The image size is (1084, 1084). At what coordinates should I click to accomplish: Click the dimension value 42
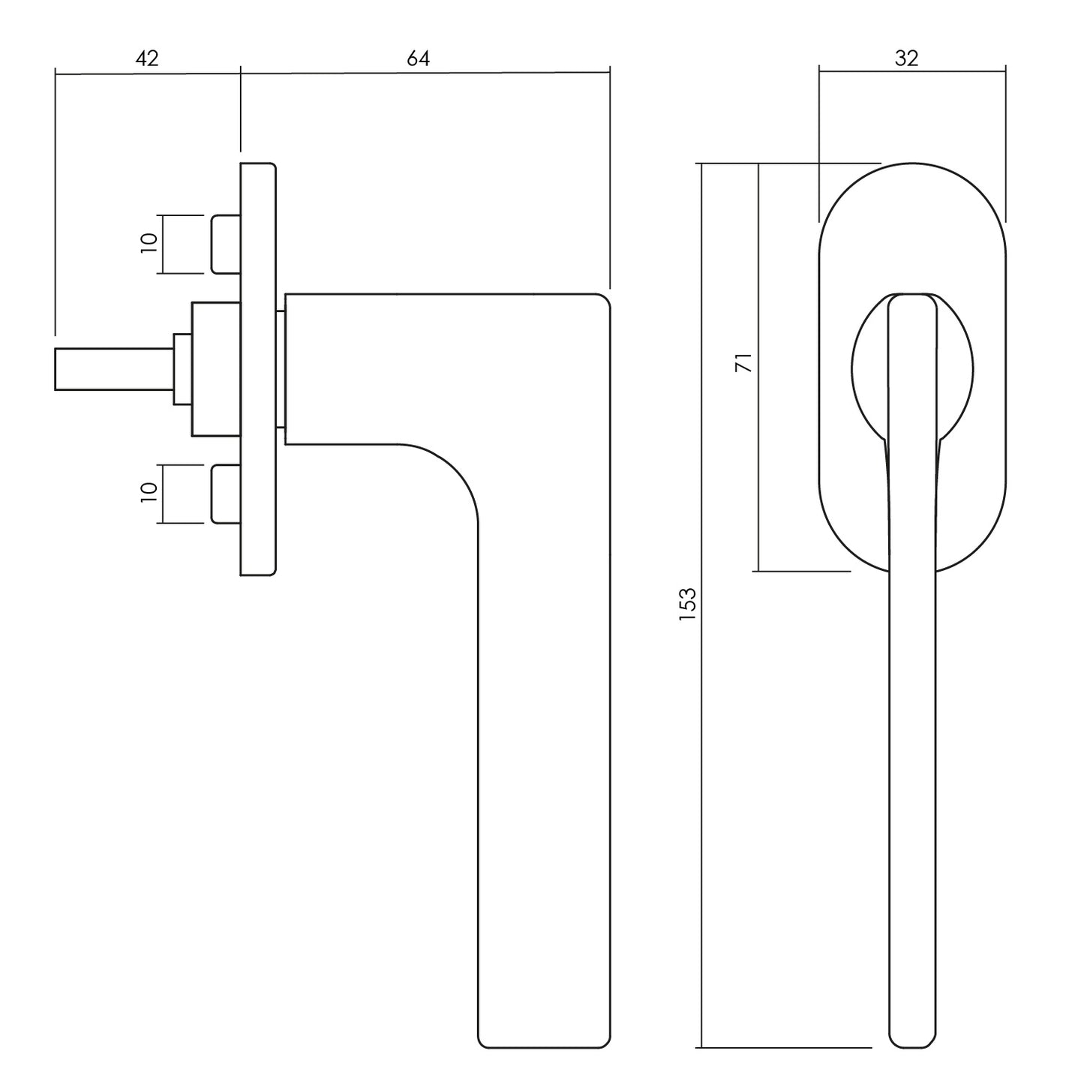pyautogui.click(x=147, y=58)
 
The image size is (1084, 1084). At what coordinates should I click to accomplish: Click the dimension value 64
pyautogui.click(x=419, y=58)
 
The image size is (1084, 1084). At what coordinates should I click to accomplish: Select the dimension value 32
pyautogui.click(x=906, y=58)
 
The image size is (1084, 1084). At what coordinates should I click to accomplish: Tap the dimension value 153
pyautogui.click(x=688, y=604)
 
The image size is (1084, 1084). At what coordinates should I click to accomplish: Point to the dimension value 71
pyautogui.click(x=743, y=362)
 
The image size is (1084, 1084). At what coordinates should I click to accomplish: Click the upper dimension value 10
pyautogui.click(x=149, y=243)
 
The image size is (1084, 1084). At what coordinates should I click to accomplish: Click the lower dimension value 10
pyautogui.click(x=149, y=493)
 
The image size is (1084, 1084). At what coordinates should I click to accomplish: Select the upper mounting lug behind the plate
pyautogui.click(x=226, y=244)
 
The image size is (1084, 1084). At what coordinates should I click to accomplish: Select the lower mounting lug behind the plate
pyautogui.click(x=226, y=494)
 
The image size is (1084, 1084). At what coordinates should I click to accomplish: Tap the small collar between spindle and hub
pyautogui.click(x=183, y=369)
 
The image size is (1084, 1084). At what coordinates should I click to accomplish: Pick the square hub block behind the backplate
pyautogui.click(x=216, y=369)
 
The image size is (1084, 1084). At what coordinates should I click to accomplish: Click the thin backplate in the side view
pyautogui.click(x=258, y=369)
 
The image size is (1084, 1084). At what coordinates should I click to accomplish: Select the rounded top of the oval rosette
pyautogui.click(x=912, y=164)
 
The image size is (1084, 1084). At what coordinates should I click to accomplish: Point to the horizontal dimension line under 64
pyautogui.click(x=425, y=73)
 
